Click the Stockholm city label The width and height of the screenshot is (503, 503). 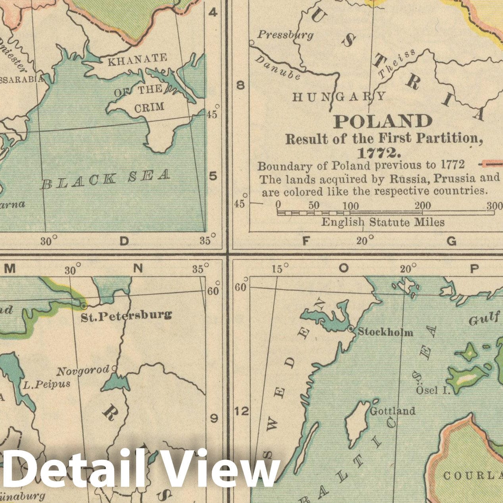pyautogui.click(x=385, y=332)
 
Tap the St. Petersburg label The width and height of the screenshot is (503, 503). pyautogui.click(x=126, y=316)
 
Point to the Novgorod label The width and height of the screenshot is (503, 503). pyautogui.click(x=83, y=371)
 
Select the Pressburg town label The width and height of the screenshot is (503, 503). pyautogui.click(x=285, y=35)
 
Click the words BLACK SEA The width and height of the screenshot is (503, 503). pyautogui.click(x=106, y=179)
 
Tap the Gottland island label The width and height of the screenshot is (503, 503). pyautogui.click(x=392, y=411)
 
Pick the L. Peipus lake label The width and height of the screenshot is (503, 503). pyautogui.click(x=46, y=384)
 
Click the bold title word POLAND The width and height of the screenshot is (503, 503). pyautogui.click(x=382, y=121)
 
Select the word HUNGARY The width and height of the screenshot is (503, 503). pyautogui.click(x=339, y=96)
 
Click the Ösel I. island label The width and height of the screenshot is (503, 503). pyautogui.click(x=433, y=390)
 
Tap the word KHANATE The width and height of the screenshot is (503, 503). pyautogui.click(x=138, y=60)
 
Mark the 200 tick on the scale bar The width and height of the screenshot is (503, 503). pyautogui.click(x=423, y=205)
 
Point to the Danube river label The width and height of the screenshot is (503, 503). pyautogui.click(x=277, y=67)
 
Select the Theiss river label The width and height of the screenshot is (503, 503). pyautogui.click(x=396, y=63)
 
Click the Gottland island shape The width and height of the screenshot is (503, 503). pyautogui.click(x=355, y=422)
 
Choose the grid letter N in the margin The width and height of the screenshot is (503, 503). pyautogui.click(x=138, y=269)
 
